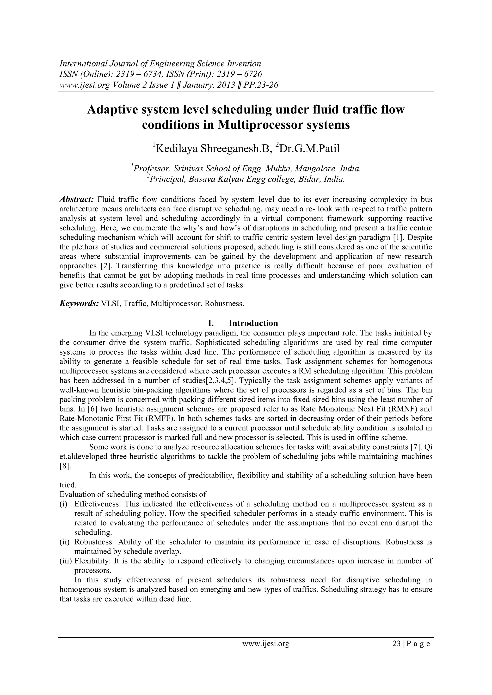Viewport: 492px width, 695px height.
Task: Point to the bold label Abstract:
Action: tap(77, 199)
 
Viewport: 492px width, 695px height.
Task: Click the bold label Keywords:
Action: tap(79, 304)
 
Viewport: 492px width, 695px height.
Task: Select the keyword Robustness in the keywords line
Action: tap(224, 304)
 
